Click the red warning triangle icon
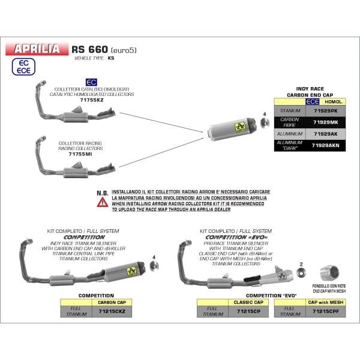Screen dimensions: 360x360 point(103,202)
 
